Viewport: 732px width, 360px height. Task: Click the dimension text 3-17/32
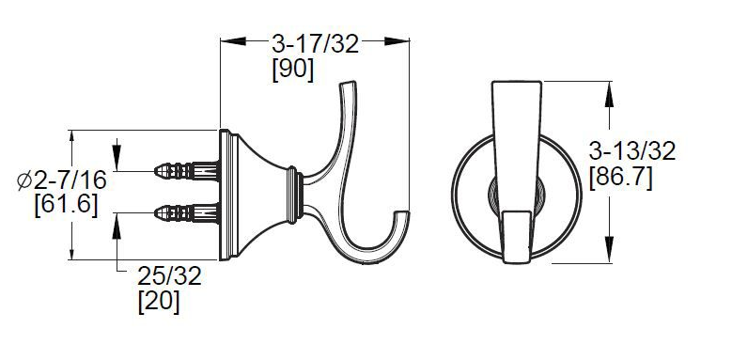(x=315, y=44)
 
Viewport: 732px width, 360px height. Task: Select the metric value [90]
(x=293, y=70)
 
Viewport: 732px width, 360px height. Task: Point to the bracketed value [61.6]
(x=67, y=205)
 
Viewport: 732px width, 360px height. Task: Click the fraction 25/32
(x=169, y=276)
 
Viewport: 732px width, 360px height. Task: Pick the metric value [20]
(x=159, y=302)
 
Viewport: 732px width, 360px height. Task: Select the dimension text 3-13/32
(x=632, y=151)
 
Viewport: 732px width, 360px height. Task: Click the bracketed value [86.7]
(x=620, y=179)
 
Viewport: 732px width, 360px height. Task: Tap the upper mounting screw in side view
(x=187, y=171)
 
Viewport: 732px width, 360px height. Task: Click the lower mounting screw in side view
(x=187, y=213)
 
